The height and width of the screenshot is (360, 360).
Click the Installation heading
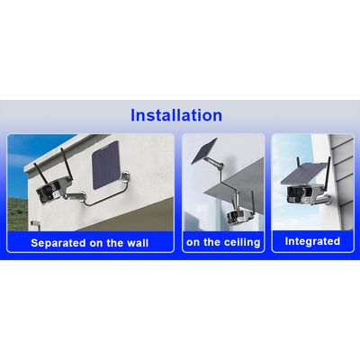click(176, 115)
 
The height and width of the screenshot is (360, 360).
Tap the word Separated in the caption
click(58, 243)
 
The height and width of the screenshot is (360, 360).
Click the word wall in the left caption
click(138, 243)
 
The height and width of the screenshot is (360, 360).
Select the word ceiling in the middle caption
click(241, 242)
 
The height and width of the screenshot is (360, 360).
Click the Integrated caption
click(312, 241)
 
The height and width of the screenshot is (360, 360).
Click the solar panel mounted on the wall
click(106, 168)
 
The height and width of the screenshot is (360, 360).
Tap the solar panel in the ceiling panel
click(204, 151)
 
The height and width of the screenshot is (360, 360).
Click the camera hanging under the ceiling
click(238, 214)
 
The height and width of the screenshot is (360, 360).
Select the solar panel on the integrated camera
click(303, 174)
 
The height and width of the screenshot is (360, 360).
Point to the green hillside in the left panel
click(17, 213)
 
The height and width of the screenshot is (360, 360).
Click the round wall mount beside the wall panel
click(126, 176)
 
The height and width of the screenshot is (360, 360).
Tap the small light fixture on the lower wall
click(35, 225)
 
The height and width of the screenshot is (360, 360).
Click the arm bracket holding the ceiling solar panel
click(221, 174)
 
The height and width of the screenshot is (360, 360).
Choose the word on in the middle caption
click(193, 243)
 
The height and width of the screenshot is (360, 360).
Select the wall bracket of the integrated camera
click(326, 199)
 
